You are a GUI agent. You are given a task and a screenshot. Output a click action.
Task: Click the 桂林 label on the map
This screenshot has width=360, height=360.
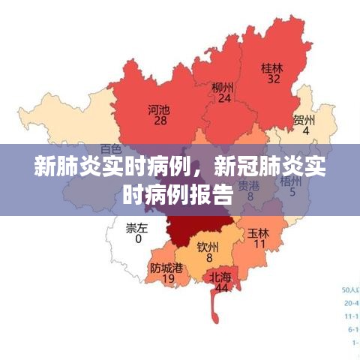tap(271, 67)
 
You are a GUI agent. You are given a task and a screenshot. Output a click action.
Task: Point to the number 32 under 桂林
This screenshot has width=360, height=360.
tap(272, 78)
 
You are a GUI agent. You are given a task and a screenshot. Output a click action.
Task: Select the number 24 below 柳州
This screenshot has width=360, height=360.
tap(223, 98)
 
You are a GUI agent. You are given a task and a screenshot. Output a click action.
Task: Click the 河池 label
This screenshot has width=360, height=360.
tap(158, 109)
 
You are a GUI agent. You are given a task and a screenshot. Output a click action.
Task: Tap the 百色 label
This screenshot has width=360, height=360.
tap(110, 149)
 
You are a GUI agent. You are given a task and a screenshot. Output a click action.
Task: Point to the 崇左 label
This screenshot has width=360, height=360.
tap(136, 228)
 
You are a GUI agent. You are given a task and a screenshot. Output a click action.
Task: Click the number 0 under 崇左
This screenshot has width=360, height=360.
tap(137, 239)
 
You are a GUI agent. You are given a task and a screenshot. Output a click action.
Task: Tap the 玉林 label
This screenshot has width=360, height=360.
tap(259, 232)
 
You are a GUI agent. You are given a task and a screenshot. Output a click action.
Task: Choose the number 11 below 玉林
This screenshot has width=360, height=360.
tap(259, 244)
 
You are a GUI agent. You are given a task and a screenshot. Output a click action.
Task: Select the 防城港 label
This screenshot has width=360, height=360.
tap(166, 267)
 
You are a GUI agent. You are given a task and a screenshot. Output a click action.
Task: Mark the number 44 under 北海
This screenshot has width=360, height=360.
tap(221, 288)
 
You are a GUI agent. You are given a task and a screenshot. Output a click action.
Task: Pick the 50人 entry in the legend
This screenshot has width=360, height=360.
tap(350, 289)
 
